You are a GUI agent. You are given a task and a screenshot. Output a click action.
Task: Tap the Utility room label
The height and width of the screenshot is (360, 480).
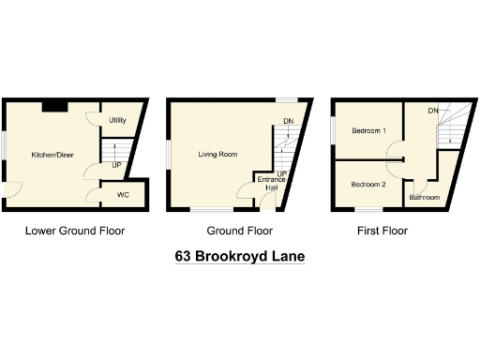coord(117,121)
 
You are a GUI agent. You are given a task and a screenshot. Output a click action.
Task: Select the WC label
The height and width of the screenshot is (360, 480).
coord(123,195)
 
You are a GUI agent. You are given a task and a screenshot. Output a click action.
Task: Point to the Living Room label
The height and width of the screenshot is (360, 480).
coord(217,154)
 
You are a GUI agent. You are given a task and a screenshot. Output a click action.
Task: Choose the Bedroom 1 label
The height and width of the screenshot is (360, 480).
coord(369,131)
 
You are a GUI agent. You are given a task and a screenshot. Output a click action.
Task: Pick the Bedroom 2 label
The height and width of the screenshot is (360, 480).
coord(368,185)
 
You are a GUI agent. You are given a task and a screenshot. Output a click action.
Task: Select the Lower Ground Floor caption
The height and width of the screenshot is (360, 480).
coord(75,230)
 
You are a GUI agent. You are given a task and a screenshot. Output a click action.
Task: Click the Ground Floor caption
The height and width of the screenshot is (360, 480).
coord(240,230)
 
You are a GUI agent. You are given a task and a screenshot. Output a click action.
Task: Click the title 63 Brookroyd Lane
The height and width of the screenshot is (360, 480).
coord(240,255)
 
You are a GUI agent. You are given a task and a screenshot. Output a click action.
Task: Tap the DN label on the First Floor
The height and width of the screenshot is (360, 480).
coord(433,112)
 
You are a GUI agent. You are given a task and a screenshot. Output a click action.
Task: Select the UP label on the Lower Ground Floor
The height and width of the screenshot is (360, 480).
coord(116,166)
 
